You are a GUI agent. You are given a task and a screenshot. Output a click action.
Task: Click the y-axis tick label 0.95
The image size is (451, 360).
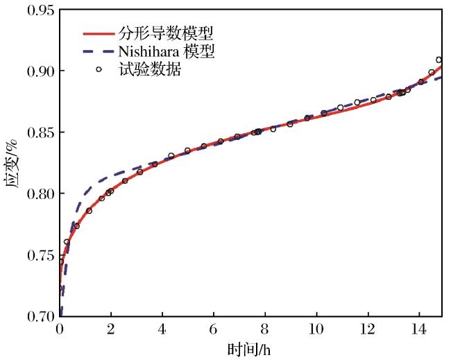point(41,10)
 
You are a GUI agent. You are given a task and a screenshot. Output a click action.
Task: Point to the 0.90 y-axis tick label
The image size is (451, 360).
point(41,71)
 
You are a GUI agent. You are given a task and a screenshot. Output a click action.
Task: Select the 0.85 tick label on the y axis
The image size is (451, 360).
point(41,132)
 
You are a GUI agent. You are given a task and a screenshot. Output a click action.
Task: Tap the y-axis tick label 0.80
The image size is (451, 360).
point(41,194)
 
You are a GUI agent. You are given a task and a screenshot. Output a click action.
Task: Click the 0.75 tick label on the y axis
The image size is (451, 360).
point(41,255)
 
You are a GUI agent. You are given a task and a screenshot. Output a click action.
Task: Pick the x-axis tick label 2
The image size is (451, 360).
point(111,329)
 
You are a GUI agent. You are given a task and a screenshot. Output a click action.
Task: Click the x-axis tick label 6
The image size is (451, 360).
point(214,329)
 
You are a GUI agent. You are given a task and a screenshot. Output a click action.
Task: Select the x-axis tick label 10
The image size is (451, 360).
point(316,329)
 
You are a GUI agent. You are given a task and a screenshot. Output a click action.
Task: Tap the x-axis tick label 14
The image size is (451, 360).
point(419,329)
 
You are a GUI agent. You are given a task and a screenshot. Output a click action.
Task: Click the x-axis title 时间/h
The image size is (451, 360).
point(249,350)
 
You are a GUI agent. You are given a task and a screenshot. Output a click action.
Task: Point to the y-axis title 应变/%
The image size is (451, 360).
point(11,164)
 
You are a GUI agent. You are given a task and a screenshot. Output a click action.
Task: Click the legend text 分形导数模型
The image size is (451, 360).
point(166,34)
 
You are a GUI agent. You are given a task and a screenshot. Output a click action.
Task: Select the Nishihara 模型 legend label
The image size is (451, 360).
point(167,52)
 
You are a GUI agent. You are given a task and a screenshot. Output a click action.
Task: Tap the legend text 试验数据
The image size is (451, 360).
point(150,69)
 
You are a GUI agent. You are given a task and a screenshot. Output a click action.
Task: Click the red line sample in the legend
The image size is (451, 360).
point(99,34)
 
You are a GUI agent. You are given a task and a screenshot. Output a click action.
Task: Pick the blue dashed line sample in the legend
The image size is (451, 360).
point(99,51)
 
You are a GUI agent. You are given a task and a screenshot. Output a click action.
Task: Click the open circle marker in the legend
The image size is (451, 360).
point(99,69)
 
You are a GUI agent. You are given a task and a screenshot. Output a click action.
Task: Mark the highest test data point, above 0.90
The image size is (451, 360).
point(439,60)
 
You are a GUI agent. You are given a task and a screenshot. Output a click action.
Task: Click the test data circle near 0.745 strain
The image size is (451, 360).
point(61,262)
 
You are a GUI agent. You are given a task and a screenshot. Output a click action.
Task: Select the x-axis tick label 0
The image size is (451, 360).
point(60,329)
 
